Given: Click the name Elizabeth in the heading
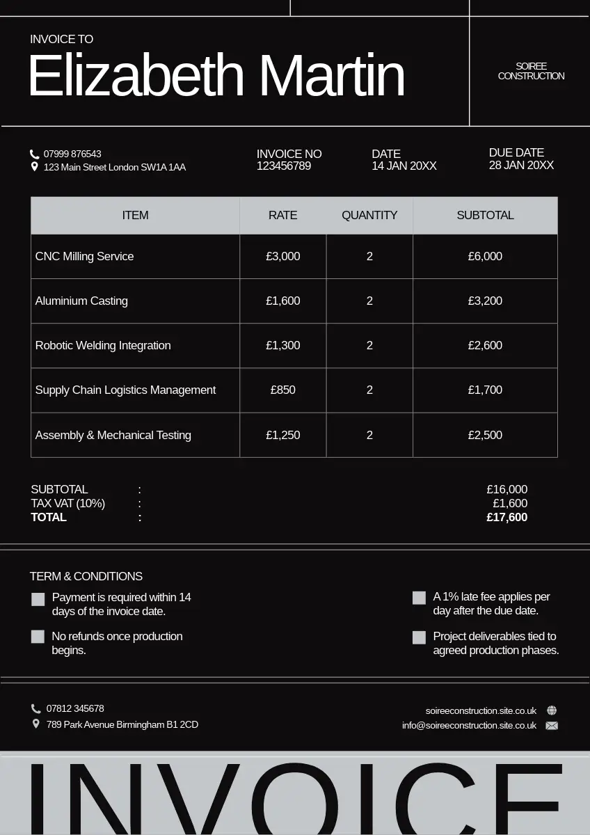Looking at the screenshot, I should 136,76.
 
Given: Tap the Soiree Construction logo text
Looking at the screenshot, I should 531,71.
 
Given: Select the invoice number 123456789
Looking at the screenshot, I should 284,166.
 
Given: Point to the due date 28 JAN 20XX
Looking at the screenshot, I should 521,166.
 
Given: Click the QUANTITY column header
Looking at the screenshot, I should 369,216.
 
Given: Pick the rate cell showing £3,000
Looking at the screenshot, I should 283,257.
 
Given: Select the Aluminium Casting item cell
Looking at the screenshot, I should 82,301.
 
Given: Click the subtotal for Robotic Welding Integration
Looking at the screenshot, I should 485,346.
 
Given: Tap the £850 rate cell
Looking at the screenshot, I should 283,390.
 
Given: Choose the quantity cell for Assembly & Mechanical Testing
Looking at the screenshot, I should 369,436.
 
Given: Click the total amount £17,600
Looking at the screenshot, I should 507,518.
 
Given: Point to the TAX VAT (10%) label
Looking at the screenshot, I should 68,504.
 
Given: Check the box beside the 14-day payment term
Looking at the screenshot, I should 38,599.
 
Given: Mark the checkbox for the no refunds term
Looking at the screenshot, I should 38,637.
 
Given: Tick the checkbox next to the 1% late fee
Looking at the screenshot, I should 419,598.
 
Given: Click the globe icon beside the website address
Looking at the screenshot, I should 552,710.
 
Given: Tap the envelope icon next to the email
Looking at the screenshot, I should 552,726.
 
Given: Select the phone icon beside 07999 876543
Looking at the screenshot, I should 35,154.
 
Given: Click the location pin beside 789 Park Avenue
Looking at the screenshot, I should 36,724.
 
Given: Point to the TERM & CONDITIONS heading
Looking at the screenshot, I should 86,576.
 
